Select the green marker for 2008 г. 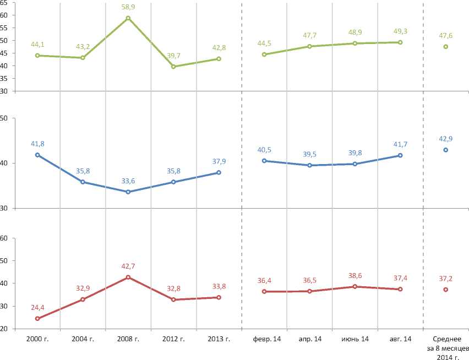coord(128,18)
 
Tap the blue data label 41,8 coord(37,144)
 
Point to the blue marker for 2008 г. coord(128,192)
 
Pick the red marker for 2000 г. coord(37,318)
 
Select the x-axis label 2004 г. coord(83,339)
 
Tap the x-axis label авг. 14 coord(400,339)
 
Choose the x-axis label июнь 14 coord(355,339)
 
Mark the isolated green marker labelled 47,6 coord(445,47)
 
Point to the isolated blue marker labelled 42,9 coord(445,150)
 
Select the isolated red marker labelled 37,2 coord(445,290)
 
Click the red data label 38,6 coord(355,275)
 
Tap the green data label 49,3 coord(400,31)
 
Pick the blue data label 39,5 coord(310,154)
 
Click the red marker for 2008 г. coord(128,277)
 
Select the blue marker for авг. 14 coord(400,155)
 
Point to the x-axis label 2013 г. coord(219,339)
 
